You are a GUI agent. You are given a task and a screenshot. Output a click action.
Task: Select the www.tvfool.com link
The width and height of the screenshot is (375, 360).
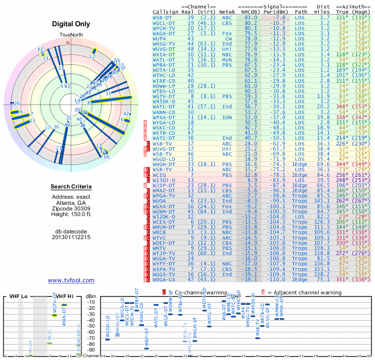coord(71,280)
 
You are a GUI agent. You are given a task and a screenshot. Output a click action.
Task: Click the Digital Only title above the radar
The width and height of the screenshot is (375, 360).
coord(71,24)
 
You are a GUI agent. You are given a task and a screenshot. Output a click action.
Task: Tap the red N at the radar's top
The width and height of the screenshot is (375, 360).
coord(68,42)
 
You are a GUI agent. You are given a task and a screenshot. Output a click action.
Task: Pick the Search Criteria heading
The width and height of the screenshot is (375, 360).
coord(71,187)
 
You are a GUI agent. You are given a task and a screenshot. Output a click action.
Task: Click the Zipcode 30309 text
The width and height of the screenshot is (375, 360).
coord(71,209)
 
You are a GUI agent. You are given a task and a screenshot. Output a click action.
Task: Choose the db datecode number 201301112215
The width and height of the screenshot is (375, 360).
coord(71,237)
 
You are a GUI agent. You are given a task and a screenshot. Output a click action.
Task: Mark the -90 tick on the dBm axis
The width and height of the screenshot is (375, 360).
coord(90,350)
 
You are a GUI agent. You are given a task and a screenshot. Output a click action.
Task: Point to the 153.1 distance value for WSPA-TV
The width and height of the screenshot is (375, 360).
coord(322,269)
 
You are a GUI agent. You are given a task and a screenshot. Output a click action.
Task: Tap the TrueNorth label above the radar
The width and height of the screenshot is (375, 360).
coord(70,35)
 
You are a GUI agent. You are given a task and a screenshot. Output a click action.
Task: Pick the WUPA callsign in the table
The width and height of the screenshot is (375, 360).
coord(160,38)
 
